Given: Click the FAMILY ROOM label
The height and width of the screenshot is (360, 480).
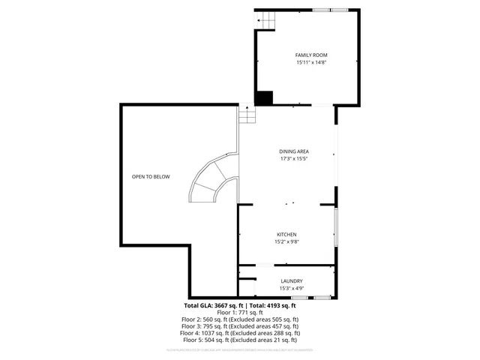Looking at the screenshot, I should click(311, 55).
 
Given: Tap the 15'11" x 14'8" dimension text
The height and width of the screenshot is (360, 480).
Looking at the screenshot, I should click(311, 63).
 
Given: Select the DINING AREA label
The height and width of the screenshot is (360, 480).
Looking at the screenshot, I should click(294, 151).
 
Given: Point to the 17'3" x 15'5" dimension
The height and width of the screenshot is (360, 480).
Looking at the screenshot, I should click(294, 159).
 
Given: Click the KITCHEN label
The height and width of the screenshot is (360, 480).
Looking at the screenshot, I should click(286, 235).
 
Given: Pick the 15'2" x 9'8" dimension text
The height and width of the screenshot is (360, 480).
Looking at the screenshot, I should click(286, 242).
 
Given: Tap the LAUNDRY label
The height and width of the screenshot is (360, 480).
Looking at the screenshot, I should click(291, 280).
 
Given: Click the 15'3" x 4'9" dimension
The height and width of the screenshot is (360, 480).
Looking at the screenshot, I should click(291, 288).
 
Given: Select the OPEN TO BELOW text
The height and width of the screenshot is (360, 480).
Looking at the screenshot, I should click(151, 177).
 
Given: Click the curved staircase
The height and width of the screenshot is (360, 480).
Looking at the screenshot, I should click(212, 181).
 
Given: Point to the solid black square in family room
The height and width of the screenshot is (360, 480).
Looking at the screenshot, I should click(264, 97).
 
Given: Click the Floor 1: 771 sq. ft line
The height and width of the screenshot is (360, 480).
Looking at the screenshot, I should click(240, 313).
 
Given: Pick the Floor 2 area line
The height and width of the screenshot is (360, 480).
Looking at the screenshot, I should click(240, 319).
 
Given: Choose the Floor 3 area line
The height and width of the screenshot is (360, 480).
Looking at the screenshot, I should click(240, 326).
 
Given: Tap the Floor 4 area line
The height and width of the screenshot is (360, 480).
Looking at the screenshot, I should click(240, 333).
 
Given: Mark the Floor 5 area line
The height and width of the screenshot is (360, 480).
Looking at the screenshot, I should click(240, 340).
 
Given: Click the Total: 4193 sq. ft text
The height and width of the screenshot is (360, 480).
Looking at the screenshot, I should click(273, 306).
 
